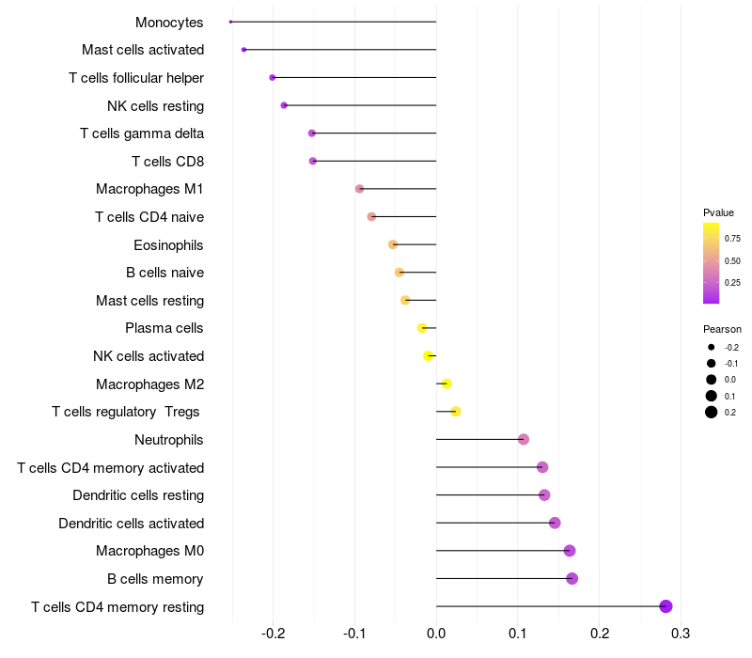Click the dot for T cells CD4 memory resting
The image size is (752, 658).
click(666, 606)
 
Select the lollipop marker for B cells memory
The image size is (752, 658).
click(572, 578)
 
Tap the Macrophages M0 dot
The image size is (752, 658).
click(569, 551)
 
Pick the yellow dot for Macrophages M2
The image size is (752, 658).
click(446, 384)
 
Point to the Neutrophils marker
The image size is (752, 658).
click(524, 439)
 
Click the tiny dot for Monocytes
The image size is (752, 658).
click(231, 22)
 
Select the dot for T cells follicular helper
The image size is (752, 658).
click(273, 77)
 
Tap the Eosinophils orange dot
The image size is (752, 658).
click(393, 244)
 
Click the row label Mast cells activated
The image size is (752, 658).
click(143, 50)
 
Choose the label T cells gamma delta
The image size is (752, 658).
click(142, 133)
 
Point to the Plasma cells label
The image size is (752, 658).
click(164, 328)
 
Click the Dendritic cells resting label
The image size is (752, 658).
click(138, 495)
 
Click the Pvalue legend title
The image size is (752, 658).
click(718, 212)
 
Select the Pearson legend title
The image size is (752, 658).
click(722, 330)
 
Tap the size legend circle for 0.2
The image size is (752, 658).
click(712, 412)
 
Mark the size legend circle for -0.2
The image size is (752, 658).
click(712, 347)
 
